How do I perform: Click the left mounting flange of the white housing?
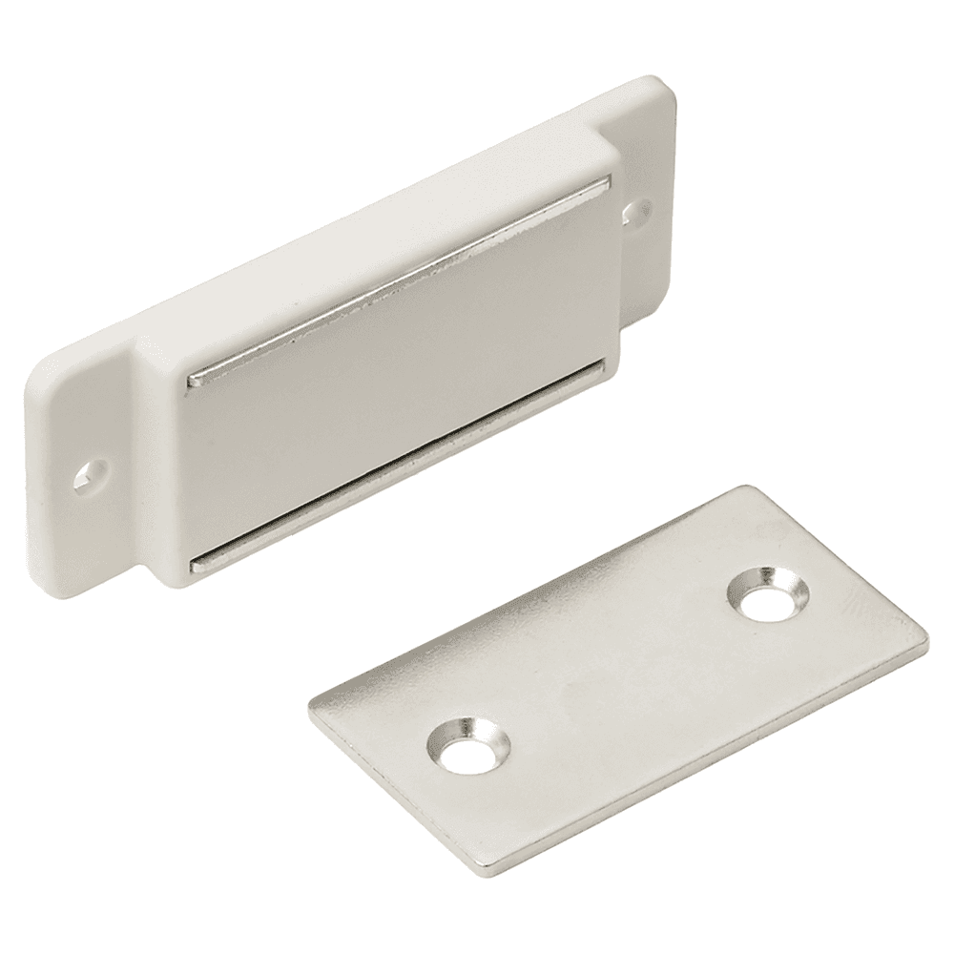point(81,477)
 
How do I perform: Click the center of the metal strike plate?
point(618,675)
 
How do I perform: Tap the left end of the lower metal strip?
point(197,566)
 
